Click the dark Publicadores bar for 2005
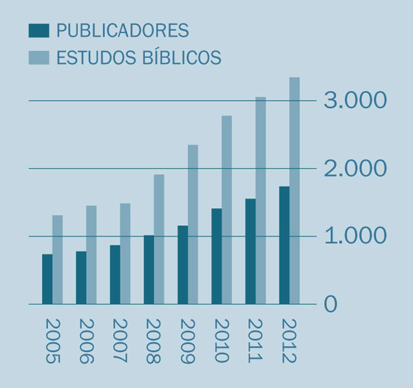pos(47,279)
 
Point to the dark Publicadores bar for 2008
pos(149,269)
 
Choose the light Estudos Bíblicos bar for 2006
pos(91,254)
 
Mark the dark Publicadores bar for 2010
pos(216,256)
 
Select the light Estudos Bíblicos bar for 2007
pos(125,254)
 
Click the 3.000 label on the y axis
pos(355,101)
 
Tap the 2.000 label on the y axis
pos(355,168)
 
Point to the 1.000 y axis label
pos(355,236)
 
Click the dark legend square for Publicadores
pos(39,30)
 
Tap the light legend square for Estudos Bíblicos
pos(39,57)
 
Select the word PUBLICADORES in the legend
pos(123,30)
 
